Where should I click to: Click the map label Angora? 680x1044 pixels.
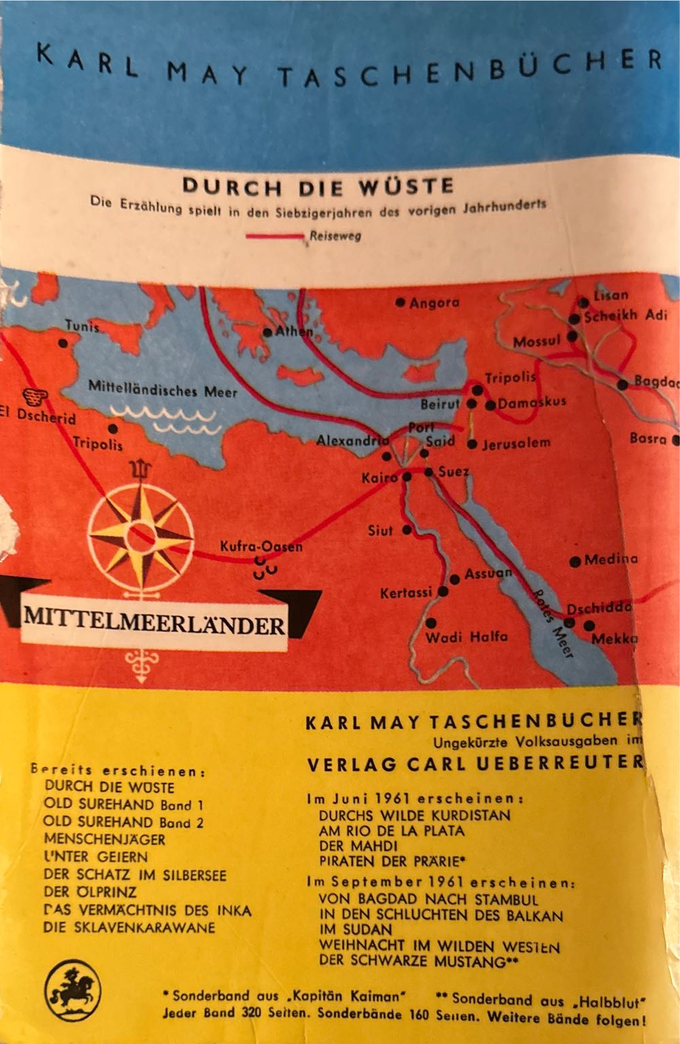(x=435, y=303)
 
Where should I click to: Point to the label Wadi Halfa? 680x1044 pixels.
(x=466, y=637)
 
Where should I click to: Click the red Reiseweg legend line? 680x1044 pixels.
(x=275, y=237)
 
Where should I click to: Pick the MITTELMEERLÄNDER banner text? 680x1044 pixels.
(x=154, y=622)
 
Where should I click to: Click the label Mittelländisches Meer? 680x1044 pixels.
(x=163, y=391)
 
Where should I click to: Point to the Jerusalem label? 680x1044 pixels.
(x=516, y=443)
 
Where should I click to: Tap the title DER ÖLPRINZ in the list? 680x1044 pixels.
(x=90, y=892)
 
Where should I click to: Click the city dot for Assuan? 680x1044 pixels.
(x=455, y=579)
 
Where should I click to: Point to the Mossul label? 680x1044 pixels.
(x=537, y=341)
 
